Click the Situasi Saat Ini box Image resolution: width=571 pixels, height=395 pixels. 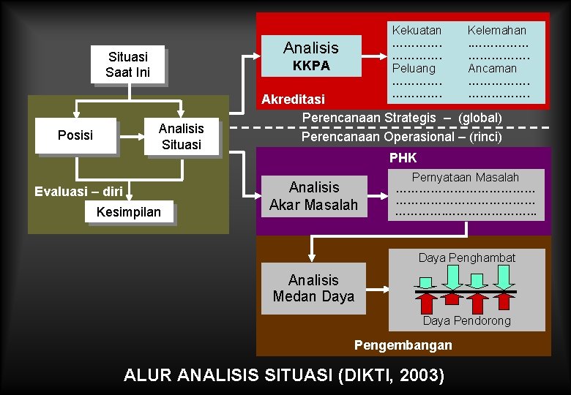[127, 64]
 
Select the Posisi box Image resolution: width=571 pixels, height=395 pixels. [75, 135]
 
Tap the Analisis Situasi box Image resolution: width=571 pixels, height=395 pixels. [181, 136]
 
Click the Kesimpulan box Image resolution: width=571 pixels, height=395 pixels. [130, 212]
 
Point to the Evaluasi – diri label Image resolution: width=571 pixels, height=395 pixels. [78, 192]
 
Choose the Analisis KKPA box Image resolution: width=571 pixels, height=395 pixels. [311, 56]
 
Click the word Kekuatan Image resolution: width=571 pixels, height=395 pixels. [417, 30]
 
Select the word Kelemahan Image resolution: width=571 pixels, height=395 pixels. [496, 30]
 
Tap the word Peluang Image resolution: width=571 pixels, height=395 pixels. [414, 68]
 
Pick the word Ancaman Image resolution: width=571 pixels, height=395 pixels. [492, 68]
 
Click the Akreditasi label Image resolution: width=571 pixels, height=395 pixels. [293, 99]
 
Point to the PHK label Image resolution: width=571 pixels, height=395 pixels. [403, 157]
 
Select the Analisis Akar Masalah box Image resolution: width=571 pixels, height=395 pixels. [313, 196]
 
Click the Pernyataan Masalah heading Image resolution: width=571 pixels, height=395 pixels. [465, 177]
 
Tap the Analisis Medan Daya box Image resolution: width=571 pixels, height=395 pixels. [313, 288]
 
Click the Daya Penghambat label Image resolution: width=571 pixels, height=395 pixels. [466, 257]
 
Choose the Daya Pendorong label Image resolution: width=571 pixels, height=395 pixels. [466, 320]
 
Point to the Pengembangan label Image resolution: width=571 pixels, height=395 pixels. [403, 345]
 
